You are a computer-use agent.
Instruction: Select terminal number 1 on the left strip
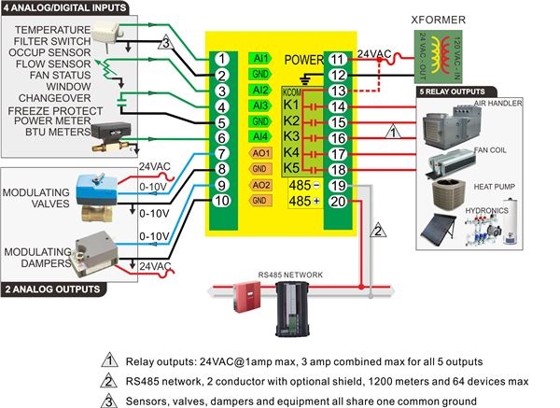221,59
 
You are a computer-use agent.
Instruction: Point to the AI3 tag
261,106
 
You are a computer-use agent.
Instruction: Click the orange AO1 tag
261,154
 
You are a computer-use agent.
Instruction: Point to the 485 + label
301,202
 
